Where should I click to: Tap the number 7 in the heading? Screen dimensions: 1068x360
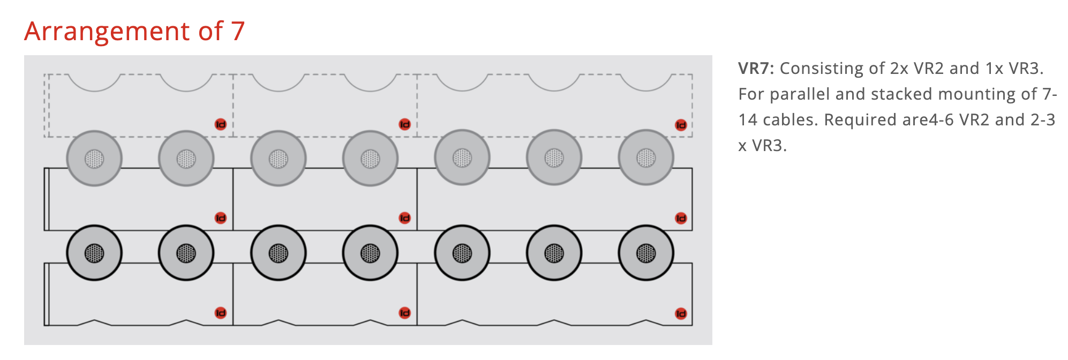238,31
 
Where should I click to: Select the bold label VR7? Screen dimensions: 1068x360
756,69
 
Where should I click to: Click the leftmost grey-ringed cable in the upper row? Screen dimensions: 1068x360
94,159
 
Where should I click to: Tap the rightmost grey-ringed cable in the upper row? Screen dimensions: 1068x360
646,158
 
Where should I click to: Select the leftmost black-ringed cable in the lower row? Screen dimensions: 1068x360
94,253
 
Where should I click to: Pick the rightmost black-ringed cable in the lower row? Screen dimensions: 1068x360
646,253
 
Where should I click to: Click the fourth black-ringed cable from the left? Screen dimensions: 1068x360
370,253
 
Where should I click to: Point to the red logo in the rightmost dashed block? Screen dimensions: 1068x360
681,125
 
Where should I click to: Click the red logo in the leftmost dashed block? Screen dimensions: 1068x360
221,124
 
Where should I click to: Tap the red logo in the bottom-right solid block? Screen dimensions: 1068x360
681,313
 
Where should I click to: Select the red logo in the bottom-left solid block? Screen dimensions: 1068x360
221,313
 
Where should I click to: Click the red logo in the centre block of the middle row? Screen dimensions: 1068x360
404,218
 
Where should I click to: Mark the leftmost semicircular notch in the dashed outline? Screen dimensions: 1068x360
94,91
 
